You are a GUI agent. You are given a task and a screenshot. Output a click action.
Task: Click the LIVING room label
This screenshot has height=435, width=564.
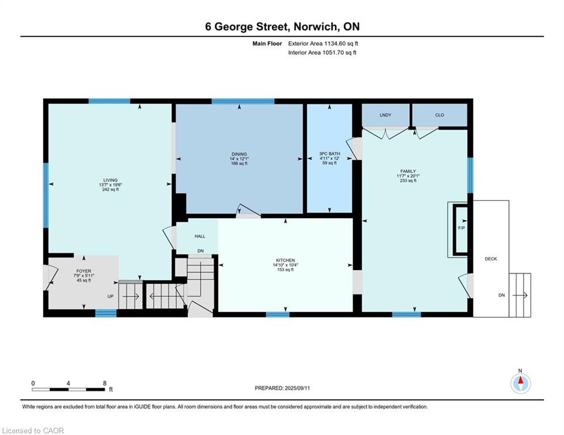(111, 180)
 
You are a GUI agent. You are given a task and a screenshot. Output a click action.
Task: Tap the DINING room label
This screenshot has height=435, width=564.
(239, 153)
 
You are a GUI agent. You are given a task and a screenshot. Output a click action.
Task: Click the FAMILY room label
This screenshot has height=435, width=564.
(408, 171)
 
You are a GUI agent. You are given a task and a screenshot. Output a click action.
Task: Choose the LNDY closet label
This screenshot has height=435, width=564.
(385, 115)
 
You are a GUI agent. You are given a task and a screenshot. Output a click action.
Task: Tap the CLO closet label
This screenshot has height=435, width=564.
(439, 115)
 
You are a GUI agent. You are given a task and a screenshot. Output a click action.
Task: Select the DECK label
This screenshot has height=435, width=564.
(490, 259)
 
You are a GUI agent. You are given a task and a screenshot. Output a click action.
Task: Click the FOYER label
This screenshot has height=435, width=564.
(84, 271)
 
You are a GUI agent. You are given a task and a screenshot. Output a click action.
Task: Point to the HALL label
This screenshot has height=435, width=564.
(200, 236)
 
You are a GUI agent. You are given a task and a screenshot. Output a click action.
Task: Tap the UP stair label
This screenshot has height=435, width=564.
(111, 296)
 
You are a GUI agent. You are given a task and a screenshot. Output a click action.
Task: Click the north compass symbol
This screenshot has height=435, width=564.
(520, 383)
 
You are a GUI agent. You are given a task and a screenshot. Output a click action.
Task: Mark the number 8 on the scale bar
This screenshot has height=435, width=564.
(104, 383)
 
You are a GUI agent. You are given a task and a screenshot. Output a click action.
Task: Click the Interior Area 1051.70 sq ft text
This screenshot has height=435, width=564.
(322, 53)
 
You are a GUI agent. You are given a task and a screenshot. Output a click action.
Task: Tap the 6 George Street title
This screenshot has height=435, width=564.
(282, 27)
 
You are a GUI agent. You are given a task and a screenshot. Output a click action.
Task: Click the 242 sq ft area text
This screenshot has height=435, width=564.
(111, 190)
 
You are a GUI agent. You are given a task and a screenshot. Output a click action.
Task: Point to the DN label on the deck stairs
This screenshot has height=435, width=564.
(501, 295)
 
